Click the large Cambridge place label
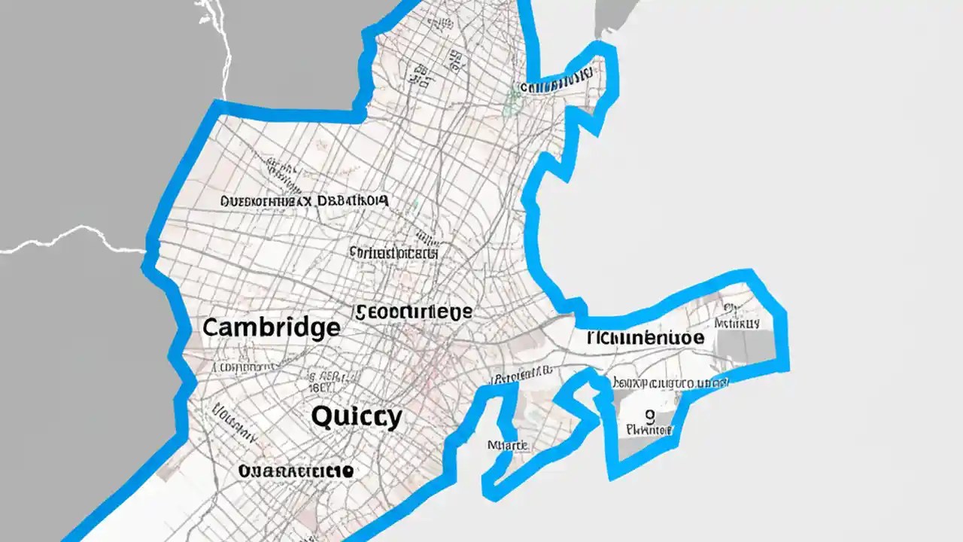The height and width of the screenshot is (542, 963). pos(271,327)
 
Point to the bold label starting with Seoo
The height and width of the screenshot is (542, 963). pos(414,312)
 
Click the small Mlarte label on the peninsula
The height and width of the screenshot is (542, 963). pos(507,445)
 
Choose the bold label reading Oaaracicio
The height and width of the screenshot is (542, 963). pos(296,470)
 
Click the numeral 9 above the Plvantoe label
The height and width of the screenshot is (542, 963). pos(649,414)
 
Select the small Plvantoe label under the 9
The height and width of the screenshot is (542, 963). pos(649,431)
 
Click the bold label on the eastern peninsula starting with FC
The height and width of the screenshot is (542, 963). pos(646,337)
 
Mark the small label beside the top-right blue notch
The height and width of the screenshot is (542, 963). pos(557,84)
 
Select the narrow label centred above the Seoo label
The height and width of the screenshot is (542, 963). pos(393,253)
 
